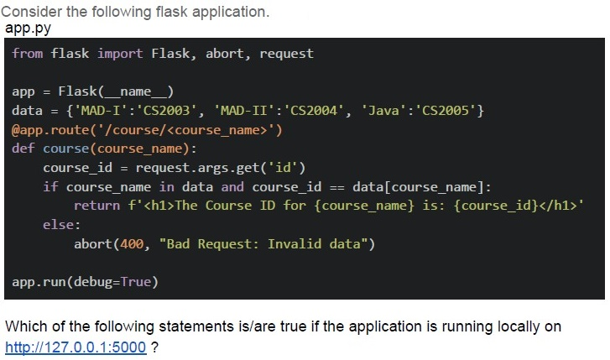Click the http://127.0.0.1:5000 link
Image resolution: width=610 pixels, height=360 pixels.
(76, 347)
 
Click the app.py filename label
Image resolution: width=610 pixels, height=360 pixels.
(28, 29)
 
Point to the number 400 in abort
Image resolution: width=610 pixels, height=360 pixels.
(132, 244)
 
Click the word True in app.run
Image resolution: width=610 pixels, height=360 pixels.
(135, 281)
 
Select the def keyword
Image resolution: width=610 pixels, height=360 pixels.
(23, 149)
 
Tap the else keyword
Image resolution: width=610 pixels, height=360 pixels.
(59, 225)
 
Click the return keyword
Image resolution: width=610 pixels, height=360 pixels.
(96, 206)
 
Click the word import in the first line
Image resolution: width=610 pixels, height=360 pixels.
(120, 54)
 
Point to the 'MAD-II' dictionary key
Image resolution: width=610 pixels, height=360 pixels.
(244, 111)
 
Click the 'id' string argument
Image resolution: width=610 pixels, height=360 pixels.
(283, 168)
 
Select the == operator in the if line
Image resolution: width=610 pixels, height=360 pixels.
(337, 187)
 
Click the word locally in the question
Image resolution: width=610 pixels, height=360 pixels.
(519, 326)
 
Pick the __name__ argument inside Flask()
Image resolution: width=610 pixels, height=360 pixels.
(135, 91)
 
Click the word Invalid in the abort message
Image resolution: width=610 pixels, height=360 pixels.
(295, 244)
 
